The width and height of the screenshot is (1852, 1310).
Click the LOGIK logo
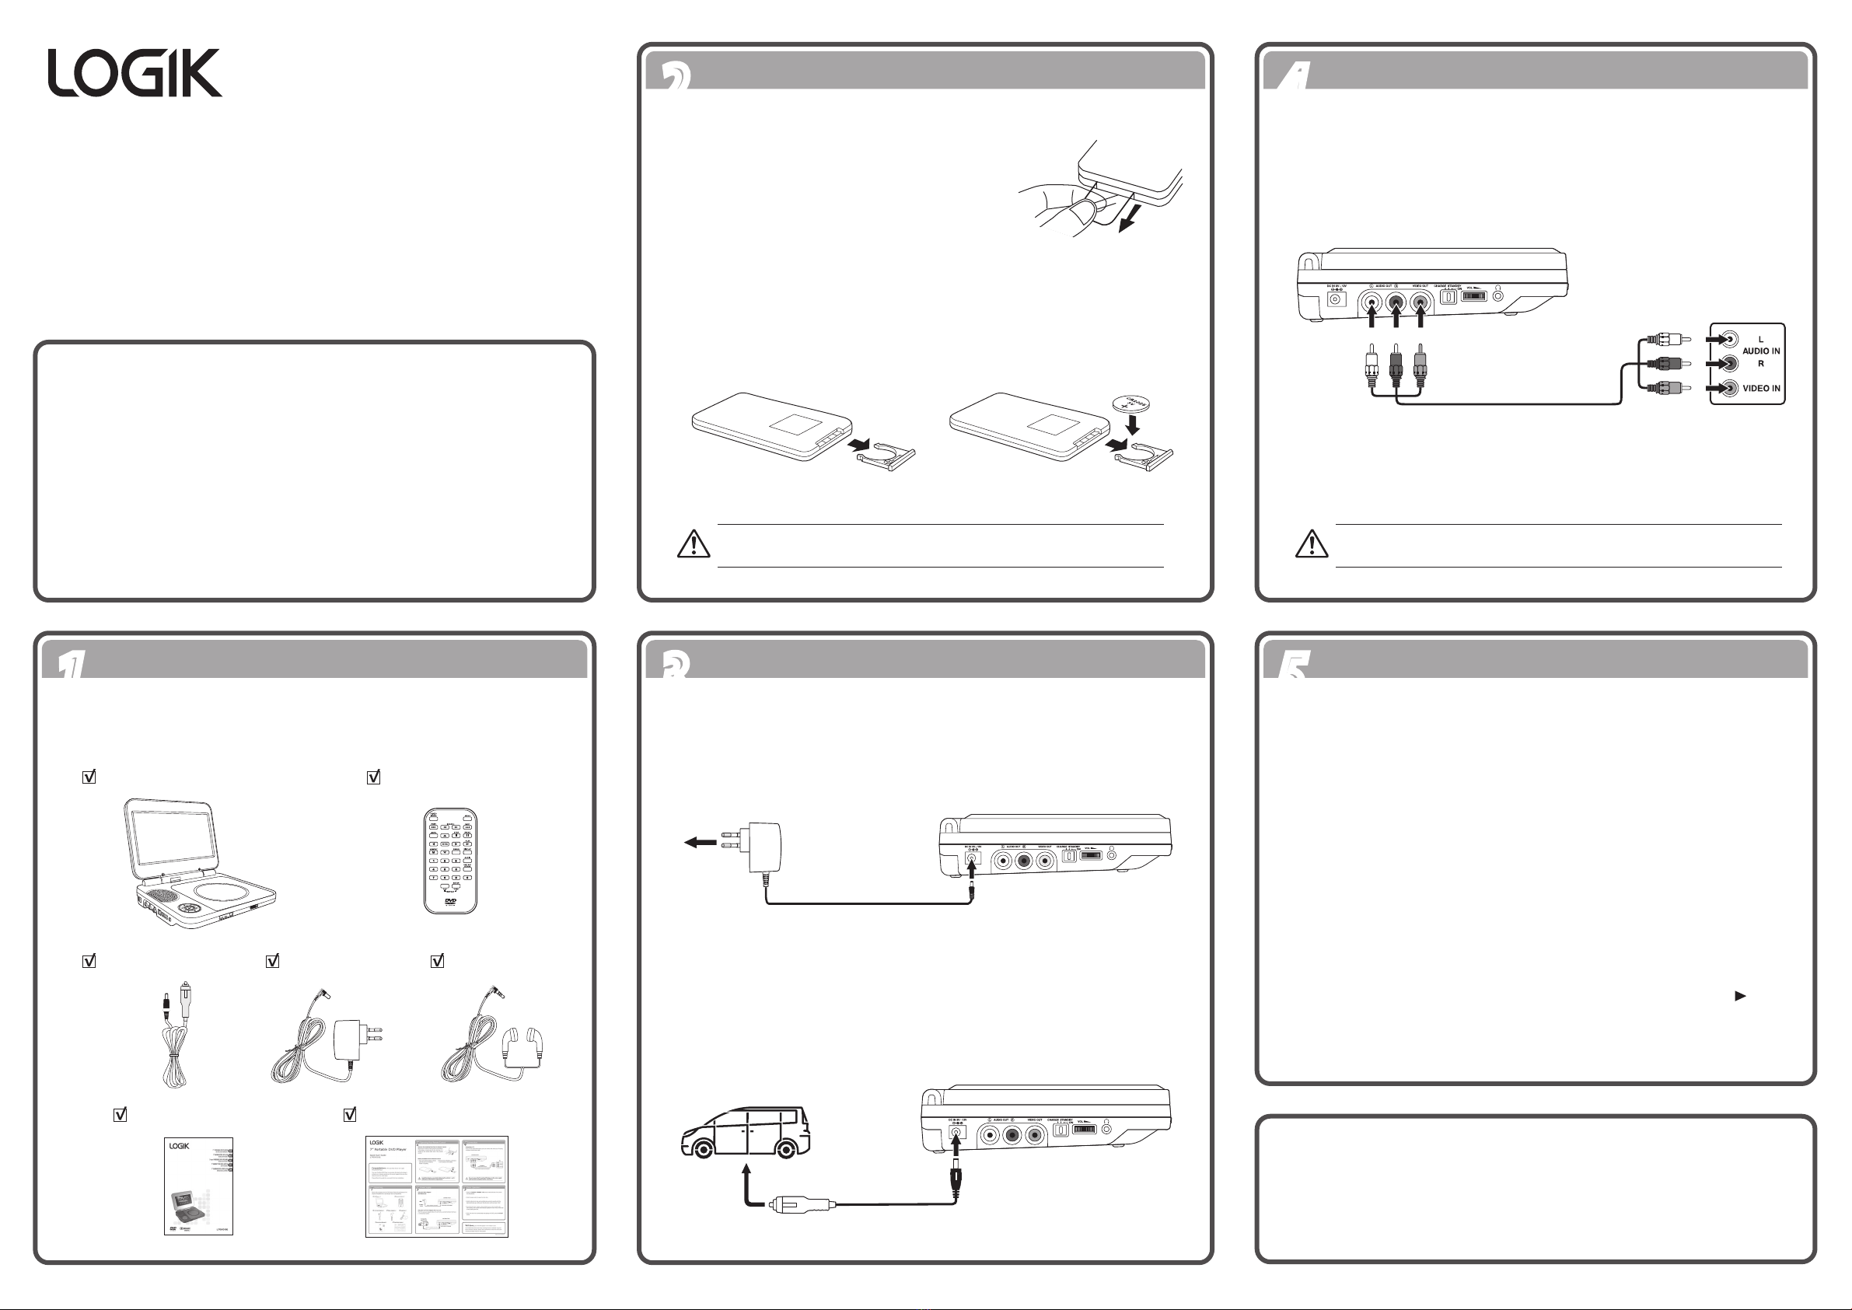135,73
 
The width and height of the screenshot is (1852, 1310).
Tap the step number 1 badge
71,665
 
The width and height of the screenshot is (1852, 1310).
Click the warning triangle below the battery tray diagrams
693,544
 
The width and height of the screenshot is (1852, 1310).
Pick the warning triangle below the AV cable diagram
1312,544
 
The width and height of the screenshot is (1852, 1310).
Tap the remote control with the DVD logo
450,861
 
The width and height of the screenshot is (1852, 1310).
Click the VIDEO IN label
1761,389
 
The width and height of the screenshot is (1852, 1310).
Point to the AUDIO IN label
1761,351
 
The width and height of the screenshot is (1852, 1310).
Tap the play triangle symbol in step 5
1740,996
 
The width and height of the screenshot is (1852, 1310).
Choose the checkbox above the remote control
373,777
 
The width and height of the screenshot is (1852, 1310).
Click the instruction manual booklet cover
198,1185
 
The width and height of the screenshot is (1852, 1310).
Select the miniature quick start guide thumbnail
436,1186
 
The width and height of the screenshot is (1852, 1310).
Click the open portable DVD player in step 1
197,863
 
